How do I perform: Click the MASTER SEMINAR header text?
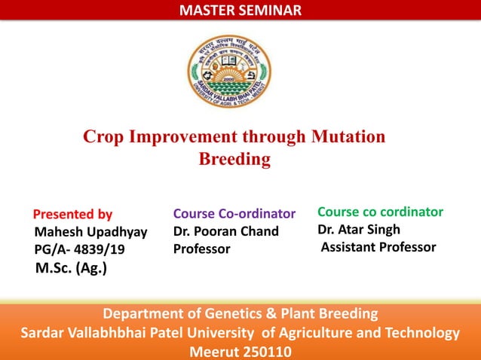pos(240,10)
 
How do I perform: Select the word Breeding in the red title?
pos(234,159)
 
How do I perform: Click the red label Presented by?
pos(73,214)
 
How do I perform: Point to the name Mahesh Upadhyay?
pos(90,231)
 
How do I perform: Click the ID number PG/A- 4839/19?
pos(80,249)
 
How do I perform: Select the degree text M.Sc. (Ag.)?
pos(71,267)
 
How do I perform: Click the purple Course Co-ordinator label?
pos(234,214)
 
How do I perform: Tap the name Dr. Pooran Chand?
pos(225,231)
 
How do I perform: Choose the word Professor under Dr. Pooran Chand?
pos(201,249)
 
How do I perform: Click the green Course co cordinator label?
pos(380,212)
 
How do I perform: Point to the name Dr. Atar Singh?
pos(359,229)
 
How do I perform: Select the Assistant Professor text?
pos(378,246)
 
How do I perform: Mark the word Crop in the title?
pos(103,137)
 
